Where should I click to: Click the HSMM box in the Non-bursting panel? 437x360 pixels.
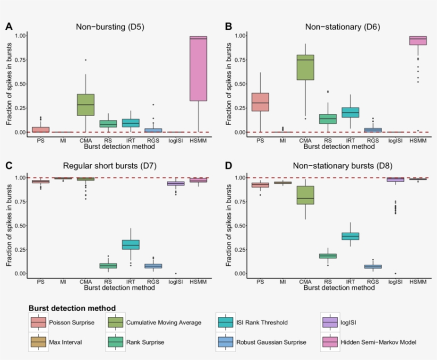coord(198,69)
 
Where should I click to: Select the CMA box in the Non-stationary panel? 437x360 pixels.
coord(305,68)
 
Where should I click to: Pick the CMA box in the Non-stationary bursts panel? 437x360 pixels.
coord(305,195)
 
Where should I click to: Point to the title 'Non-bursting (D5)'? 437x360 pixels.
coord(110,26)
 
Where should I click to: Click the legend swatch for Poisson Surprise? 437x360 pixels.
coord(38,322)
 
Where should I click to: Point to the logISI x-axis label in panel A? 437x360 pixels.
coord(175,141)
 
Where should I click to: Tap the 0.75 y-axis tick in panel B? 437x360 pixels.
coord(239,60)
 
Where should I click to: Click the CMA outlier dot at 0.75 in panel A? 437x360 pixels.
coord(85,60)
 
